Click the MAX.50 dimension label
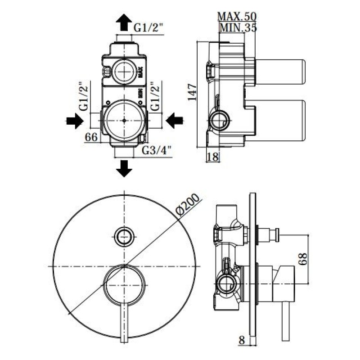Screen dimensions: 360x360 [x=237, y=17]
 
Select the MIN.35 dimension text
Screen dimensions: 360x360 [x=238, y=28]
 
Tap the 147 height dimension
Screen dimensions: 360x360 [x=192, y=92]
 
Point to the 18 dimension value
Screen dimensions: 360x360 [x=213, y=157]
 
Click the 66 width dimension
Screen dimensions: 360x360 [x=91, y=137]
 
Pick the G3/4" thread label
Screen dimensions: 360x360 [x=157, y=150]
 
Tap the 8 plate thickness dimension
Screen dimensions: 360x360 [x=242, y=340]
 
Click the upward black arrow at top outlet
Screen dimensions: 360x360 [x=124, y=22]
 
